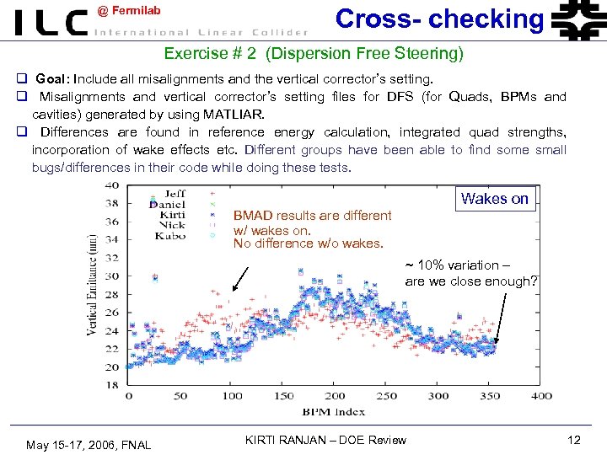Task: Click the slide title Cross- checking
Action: [x=439, y=19]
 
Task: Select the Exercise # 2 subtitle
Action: [x=314, y=54]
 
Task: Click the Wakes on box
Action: [x=495, y=198]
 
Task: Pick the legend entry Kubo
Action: [x=171, y=235]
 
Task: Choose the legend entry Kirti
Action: [x=173, y=214]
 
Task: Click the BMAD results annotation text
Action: [x=312, y=229]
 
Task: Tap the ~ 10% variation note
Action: [x=470, y=273]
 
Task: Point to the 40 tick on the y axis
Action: [x=111, y=185]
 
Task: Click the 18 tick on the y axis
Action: [x=111, y=385]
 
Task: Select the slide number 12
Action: [x=574, y=440]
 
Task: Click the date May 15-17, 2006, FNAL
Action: [x=89, y=444]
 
